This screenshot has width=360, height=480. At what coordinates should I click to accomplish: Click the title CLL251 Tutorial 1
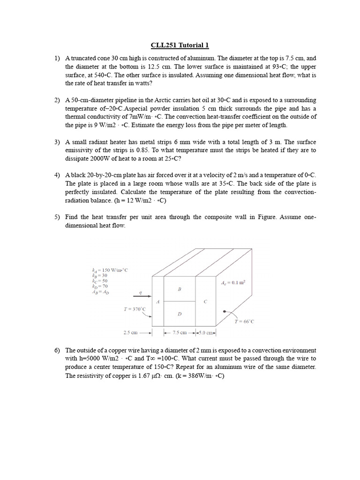(x=180, y=45)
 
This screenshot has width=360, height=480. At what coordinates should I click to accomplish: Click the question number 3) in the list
(x=57, y=142)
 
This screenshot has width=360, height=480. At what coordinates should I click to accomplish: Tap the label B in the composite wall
(x=179, y=289)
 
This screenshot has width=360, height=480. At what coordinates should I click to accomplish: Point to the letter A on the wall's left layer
(x=157, y=301)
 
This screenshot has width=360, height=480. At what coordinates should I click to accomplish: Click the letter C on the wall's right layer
(x=205, y=301)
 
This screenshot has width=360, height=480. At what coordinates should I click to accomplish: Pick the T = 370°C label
(x=135, y=309)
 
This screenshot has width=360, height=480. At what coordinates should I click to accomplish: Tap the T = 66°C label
(x=244, y=322)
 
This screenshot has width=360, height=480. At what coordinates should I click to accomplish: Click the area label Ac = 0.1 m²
(x=233, y=283)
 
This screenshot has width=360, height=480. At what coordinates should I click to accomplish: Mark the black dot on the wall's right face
(x=224, y=311)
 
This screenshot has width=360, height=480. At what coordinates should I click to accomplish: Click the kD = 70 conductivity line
(x=100, y=286)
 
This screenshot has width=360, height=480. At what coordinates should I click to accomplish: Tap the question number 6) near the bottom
(x=57, y=351)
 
